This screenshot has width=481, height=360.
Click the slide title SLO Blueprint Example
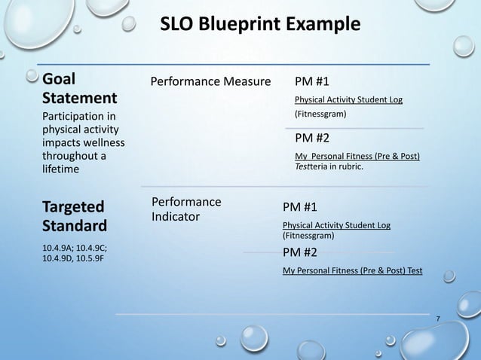[260, 25]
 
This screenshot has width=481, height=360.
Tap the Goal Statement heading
[79, 89]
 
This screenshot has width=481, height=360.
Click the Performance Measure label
[210, 81]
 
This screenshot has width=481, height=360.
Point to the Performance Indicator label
[186, 209]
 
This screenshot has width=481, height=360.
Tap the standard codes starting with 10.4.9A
[75, 252]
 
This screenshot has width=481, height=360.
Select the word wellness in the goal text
[104, 143]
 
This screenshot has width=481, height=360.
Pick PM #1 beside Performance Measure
[311, 81]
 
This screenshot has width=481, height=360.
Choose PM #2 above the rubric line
[311, 138]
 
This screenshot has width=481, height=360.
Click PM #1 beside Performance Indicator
[299, 207]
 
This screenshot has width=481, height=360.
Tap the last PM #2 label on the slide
[299, 252]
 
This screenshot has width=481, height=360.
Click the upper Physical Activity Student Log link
[348, 99]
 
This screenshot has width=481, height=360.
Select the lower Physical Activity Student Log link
[336, 225]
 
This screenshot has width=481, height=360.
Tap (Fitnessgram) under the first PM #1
[320, 114]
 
